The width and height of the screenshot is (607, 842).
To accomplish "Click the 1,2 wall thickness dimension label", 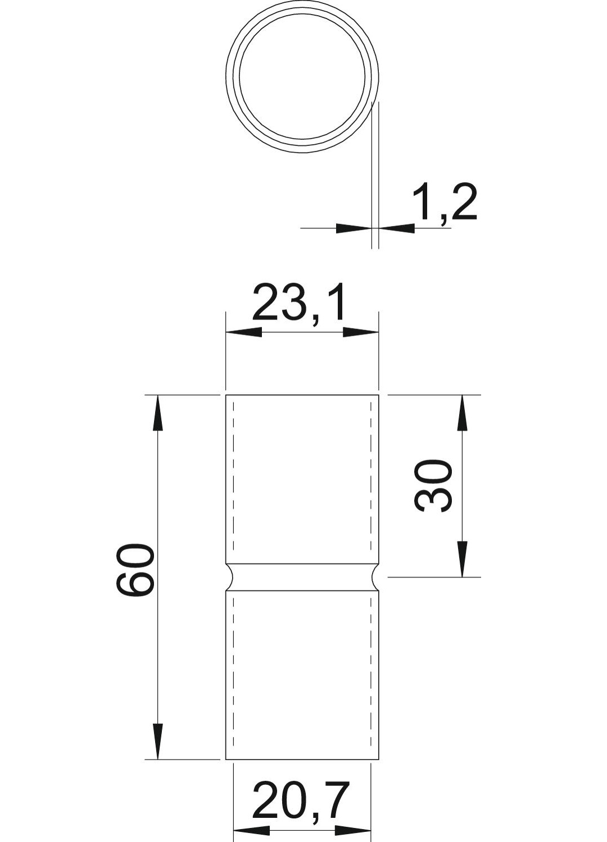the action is (x=445, y=205).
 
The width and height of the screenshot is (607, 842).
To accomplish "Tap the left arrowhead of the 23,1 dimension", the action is (x=243, y=332).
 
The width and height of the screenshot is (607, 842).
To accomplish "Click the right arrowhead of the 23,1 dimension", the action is (x=360, y=332).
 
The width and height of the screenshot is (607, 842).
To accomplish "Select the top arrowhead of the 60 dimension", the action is (x=158, y=413).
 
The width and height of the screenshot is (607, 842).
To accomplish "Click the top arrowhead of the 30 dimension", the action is (x=462, y=413).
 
